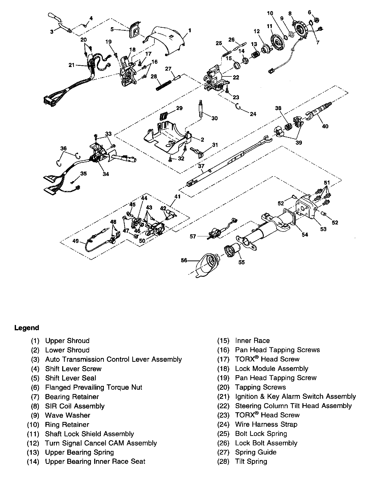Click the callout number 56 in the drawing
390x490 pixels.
184,260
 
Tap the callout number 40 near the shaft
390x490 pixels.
325,126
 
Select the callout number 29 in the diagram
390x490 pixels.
179,108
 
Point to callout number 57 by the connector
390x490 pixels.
193,236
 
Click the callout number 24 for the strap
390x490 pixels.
253,114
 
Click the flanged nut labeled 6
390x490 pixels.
316,20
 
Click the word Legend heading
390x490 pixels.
27,328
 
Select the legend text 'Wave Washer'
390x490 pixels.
68,415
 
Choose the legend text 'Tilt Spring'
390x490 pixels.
251,461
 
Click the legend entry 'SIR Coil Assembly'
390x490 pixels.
75,406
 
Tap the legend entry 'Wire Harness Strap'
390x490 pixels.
266,424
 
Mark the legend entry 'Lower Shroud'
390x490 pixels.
67,350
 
